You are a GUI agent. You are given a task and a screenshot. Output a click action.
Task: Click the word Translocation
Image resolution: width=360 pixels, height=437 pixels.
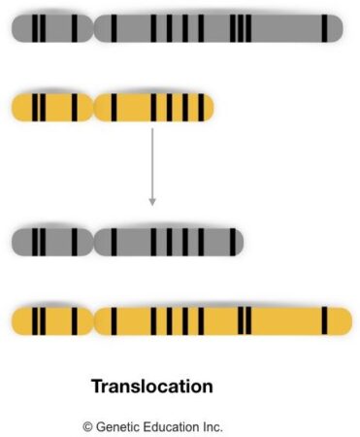click(x=151, y=387)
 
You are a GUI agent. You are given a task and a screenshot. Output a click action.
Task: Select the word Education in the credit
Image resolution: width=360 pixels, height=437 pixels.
click(x=173, y=425)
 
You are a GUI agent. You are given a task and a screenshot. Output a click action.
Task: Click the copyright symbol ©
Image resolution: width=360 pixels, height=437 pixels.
click(x=87, y=425)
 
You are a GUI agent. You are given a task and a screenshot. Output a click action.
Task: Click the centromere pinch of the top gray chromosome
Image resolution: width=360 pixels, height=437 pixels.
click(x=93, y=29)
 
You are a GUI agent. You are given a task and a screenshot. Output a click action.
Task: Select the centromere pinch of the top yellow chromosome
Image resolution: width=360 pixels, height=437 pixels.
click(x=92, y=106)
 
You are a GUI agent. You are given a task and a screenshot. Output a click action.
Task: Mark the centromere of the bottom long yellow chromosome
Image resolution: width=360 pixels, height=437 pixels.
click(x=93, y=319)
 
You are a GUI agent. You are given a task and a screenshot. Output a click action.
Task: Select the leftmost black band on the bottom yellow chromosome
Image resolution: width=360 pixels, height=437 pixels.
click(x=34, y=319)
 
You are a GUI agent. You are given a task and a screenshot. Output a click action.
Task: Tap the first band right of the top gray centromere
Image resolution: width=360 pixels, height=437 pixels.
click(x=115, y=29)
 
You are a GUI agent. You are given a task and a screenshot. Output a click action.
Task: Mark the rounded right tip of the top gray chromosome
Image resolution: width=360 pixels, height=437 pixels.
click(x=338, y=29)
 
